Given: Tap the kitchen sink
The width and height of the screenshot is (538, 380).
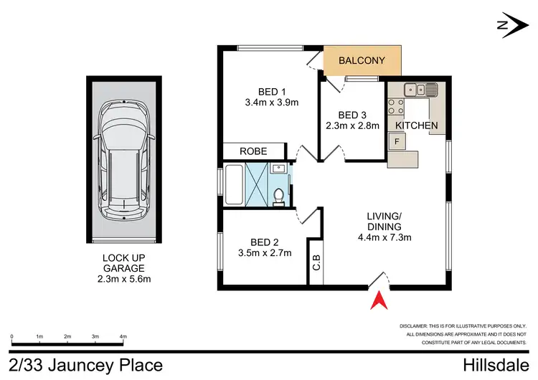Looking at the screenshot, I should pos(421,90).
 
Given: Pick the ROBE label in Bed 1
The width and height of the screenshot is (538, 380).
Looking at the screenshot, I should pos(253,151).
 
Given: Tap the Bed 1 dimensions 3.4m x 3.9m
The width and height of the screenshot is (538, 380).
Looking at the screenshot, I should pos(273,103).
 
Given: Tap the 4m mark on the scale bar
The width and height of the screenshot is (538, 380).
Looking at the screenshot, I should pos(123,336).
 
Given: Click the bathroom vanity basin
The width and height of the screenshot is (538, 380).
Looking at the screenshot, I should pos(280,169).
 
